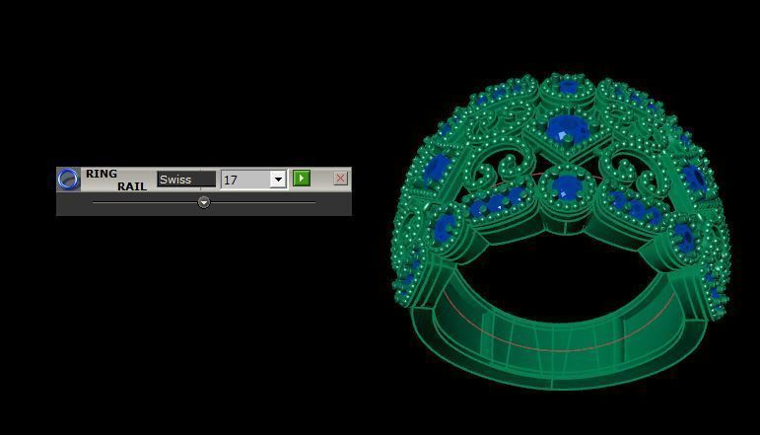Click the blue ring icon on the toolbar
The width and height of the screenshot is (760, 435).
(68, 179)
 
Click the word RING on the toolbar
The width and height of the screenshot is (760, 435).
(101, 174)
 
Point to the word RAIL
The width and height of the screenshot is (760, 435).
(131, 185)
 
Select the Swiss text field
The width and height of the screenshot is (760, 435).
(185, 180)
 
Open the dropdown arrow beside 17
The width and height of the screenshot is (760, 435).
(278, 180)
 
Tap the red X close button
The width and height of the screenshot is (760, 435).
(340, 179)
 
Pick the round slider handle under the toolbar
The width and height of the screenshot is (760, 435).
(204, 202)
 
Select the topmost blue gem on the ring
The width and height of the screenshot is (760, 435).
(568, 88)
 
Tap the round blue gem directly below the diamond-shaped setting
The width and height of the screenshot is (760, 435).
(566, 185)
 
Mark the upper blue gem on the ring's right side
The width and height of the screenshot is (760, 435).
(694, 179)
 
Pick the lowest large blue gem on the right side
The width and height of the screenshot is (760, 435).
(683, 235)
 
